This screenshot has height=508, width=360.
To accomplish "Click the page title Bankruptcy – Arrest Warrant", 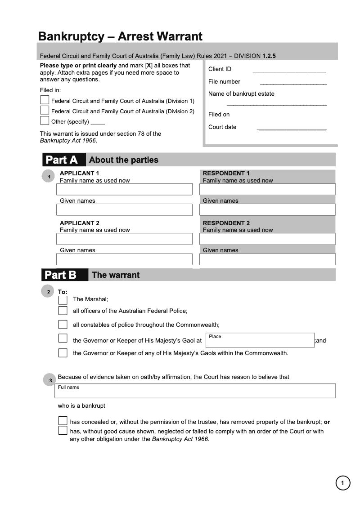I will (120, 36).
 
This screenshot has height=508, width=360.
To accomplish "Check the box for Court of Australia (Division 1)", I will (45, 100).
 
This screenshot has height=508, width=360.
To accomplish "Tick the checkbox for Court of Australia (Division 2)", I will (45, 110).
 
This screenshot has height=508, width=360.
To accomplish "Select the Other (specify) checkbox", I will (45, 120).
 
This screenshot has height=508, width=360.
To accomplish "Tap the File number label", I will (224, 81).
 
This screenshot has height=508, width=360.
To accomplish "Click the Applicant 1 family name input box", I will (124, 189).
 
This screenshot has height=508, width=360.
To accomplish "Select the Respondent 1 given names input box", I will (267, 209).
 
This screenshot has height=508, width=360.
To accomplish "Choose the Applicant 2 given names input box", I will (124, 259).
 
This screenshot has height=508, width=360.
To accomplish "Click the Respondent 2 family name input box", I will (267, 239).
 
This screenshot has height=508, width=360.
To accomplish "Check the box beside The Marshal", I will (63, 300).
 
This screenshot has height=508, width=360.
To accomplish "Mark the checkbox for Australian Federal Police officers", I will (63, 310).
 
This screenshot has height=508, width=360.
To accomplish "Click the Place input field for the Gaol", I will (260, 340).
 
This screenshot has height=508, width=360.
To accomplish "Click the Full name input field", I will (195, 391).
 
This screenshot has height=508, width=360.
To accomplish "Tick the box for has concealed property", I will (63, 421).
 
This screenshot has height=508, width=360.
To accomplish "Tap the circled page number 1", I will (342, 483).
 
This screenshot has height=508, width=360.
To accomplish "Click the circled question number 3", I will (49, 380).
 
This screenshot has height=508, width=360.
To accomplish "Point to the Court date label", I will (222, 127).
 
